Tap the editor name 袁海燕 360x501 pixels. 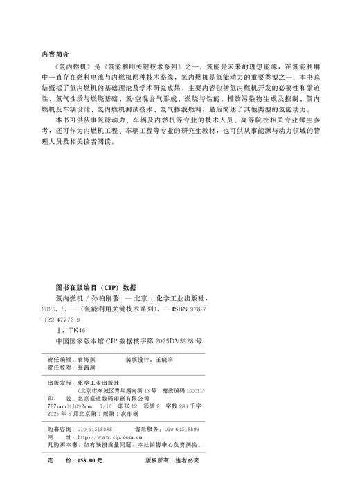click(x=92, y=361)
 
